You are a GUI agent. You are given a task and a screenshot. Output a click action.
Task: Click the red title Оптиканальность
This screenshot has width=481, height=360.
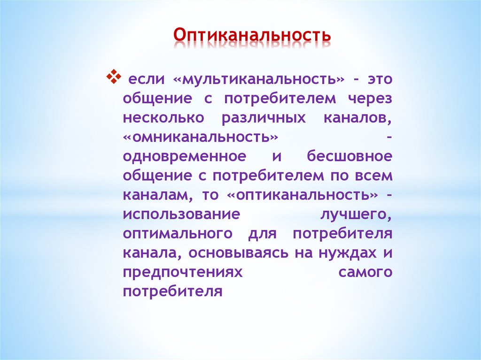pos(252,35)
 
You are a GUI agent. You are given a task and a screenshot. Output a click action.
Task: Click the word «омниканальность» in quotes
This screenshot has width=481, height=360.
pos(200,137)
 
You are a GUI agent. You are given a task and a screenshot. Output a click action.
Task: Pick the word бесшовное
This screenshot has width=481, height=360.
pos(349,156)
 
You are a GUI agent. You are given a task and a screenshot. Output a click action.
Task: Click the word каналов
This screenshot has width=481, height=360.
pos(357,118)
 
